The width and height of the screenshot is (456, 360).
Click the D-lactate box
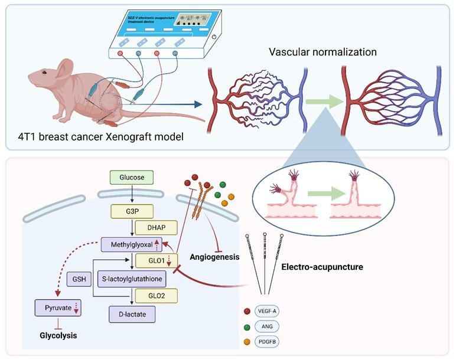[x=132, y=314]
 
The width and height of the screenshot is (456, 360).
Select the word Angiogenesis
[x=215, y=257]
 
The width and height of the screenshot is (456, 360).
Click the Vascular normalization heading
[x=323, y=52]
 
